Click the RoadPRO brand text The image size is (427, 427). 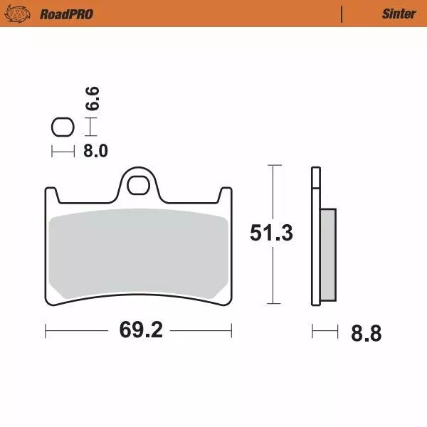click(x=66, y=14)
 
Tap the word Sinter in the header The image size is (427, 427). click(x=399, y=14)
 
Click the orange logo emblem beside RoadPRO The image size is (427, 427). click(x=23, y=14)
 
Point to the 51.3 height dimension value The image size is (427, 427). click(x=271, y=233)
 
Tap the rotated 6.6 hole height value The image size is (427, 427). click(x=93, y=97)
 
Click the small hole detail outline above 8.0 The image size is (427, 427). click(x=63, y=127)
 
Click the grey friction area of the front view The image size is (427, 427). click(x=139, y=253)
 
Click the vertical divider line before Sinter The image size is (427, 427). click(x=342, y=14)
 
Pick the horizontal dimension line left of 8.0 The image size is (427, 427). click(x=63, y=151)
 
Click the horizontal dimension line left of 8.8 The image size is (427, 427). click(x=324, y=331)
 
